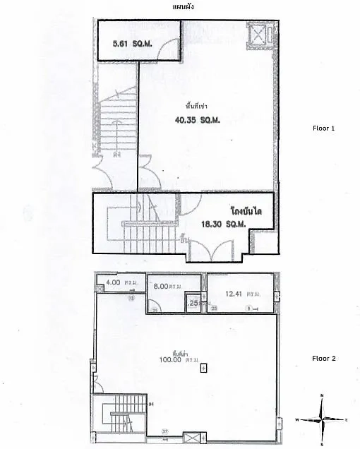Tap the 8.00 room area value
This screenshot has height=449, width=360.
pyautogui.click(x=163, y=287)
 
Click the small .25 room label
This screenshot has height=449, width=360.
pyautogui.click(x=193, y=303)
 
